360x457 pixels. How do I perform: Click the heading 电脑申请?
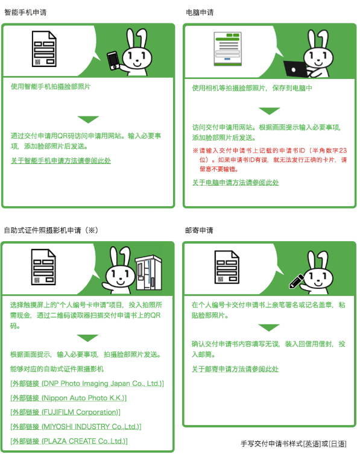(x=200, y=12)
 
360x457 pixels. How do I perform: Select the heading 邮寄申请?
(x=200, y=230)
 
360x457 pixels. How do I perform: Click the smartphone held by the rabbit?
(x=113, y=61)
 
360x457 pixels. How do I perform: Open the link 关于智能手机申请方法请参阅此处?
(x=61, y=161)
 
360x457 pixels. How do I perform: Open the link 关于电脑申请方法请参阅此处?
(x=236, y=182)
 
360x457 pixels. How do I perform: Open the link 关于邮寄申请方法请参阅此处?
(x=236, y=369)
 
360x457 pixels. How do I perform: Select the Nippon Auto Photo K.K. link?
(x=69, y=398)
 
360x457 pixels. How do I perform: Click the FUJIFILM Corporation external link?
(x=66, y=412)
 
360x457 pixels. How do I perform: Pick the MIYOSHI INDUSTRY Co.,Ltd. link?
(x=76, y=427)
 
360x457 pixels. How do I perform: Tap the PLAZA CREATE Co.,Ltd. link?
(x=69, y=441)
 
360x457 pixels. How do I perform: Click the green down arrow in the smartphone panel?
(x=88, y=119)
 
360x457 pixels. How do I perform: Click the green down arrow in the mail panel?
(x=269, y=327)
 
